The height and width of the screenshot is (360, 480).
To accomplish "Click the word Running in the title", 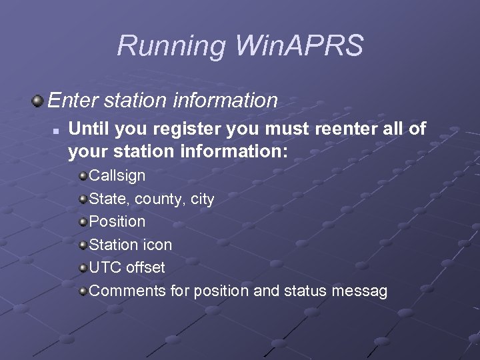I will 171,46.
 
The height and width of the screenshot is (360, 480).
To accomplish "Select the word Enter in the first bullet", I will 72,101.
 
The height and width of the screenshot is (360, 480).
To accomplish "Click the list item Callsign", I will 117,176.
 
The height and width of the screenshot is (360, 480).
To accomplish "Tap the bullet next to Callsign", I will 82,176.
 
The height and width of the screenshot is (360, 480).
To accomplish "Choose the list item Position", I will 117,221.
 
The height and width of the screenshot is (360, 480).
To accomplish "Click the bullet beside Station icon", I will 82,245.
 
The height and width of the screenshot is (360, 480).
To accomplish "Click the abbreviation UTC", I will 104,267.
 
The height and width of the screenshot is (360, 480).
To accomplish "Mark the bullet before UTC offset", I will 82,267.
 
